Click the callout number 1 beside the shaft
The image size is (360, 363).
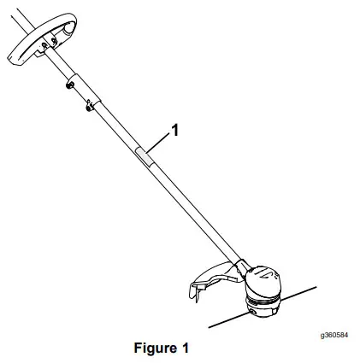[175, 131]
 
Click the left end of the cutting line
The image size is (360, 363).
[210, 324]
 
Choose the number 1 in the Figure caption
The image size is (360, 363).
[184, 348]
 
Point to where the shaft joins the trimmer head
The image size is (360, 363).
[244, 263]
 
